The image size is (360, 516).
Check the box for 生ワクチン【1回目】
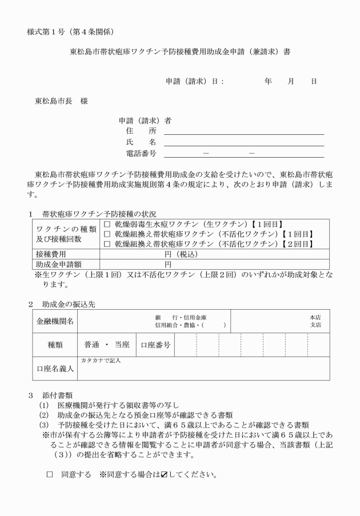pos(107,225)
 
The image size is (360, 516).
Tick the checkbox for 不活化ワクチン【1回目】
pos(107,234)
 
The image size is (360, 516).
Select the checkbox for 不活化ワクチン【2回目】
pos(107,244)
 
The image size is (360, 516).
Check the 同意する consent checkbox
pos(50,475)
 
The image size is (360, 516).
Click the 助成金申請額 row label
pos(55,264)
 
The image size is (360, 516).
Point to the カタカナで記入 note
pos(101,361)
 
